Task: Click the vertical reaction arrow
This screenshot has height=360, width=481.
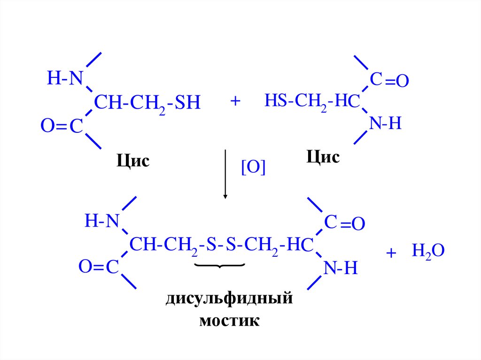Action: (x=226, y=174)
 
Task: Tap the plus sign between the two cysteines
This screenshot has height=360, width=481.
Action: (x=235, y=101)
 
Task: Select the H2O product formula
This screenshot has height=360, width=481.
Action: (x=427, y=251)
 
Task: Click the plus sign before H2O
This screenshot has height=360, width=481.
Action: (x=391, y=253)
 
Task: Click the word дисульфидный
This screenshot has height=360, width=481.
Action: (x=229, y=299)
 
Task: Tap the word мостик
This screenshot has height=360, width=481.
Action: (x=229, y=321)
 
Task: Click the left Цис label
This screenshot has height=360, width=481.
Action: (x=133, y=161)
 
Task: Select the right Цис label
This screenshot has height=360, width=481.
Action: (x=323, y=157)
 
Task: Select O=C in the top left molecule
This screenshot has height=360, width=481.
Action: (x=62, y=125)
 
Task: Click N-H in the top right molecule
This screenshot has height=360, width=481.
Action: (x=385, y=124)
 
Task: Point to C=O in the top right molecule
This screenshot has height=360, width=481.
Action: (x=389, y=81)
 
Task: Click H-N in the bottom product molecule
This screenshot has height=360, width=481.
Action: (x=101, y=221)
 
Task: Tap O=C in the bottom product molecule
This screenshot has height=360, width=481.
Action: (x=98, y=267)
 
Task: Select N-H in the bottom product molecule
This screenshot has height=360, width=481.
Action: (x=341, y=268)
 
